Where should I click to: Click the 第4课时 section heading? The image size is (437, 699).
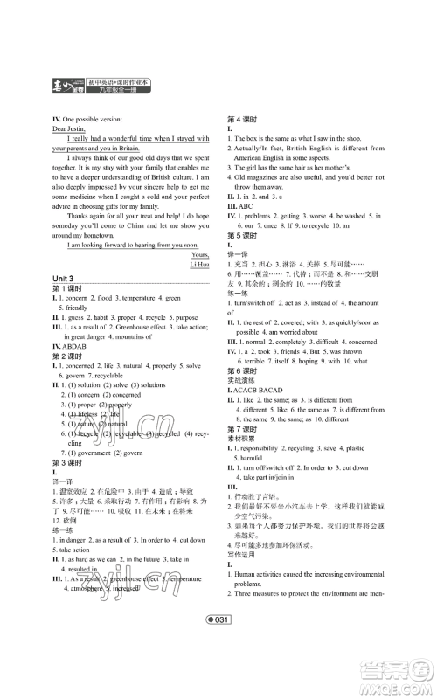point(240,117)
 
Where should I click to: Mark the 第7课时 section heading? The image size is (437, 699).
point(240,478)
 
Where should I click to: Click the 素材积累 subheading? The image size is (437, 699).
point(240,488)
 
